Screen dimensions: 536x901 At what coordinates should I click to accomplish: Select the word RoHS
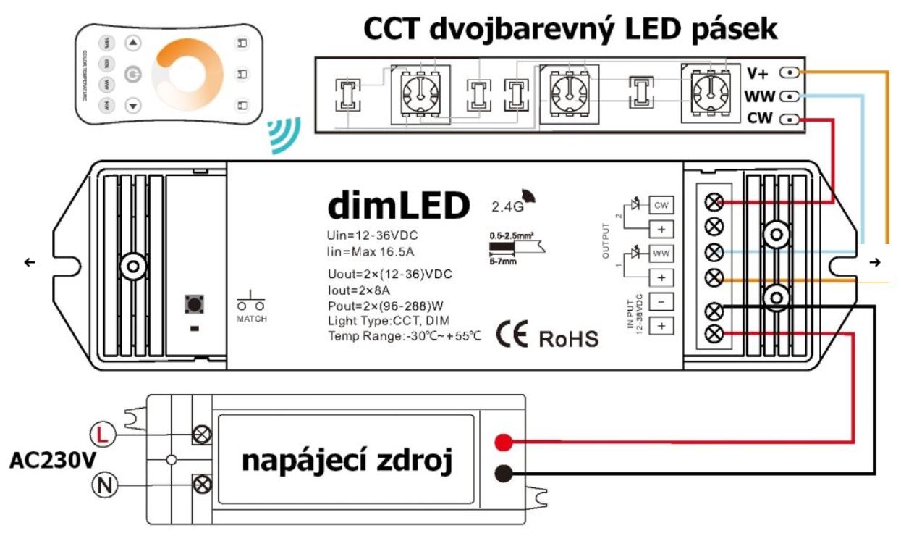click(x=567, y=338)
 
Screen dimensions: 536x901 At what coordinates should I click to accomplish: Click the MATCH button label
click(x=252, y=319)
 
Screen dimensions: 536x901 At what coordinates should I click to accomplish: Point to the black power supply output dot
click(x=504, y=474)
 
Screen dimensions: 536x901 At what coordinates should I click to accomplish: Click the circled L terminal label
click(x=103, y=435)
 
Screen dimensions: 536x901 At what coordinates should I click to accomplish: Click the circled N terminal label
click(x=103, y=483)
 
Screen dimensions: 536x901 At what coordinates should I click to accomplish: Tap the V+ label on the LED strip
click(x=758, y=72)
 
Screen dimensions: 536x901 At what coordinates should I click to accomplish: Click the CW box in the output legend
click(x=660, y=206)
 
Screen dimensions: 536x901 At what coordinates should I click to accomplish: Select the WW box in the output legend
click(x=660, y=254)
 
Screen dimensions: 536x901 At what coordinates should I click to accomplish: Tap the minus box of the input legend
click(x=660, y=302)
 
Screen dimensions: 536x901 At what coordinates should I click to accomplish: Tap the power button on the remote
click(x=132, y=74)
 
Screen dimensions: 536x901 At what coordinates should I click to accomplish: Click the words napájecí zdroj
click(x=347, y=461)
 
